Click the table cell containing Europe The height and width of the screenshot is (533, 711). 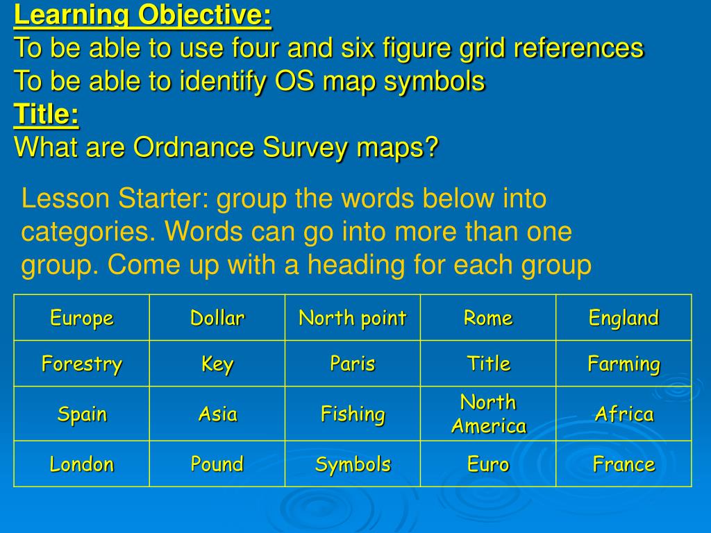81,318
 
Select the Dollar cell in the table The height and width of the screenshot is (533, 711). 217,318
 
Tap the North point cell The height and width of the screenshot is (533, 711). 352,318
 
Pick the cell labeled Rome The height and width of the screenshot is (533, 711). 488,318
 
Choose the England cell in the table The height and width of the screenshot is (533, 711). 624,318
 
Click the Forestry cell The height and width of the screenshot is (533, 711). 81,364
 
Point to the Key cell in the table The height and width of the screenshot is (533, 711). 217,364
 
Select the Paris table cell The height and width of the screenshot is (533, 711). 352,364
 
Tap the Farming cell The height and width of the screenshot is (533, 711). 624,364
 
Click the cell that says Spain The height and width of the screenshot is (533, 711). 81,414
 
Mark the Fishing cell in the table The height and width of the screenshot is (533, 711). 352,414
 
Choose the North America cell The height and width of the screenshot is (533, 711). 488,414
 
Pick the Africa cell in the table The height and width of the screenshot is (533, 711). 624,414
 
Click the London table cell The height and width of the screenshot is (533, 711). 81,464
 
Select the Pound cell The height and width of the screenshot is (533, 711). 217,464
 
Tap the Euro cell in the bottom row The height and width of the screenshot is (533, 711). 488,464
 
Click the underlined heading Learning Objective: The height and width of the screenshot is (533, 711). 143,15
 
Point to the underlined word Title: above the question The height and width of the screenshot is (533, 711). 47,115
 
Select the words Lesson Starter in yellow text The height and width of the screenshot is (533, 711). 114,199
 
